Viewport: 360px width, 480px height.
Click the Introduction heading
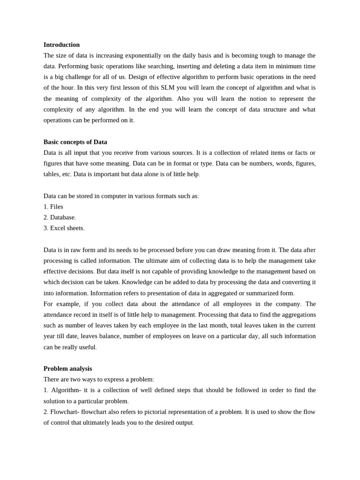[x=61, y=45]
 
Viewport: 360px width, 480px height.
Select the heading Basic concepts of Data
[x=75, y=142]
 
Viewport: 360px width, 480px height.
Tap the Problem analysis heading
[x=67, y=368]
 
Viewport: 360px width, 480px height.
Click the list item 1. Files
[x=53, y=206]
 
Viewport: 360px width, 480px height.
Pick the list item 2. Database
[x=60, y=217]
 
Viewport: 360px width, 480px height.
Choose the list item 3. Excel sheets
[x=64, y=228]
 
